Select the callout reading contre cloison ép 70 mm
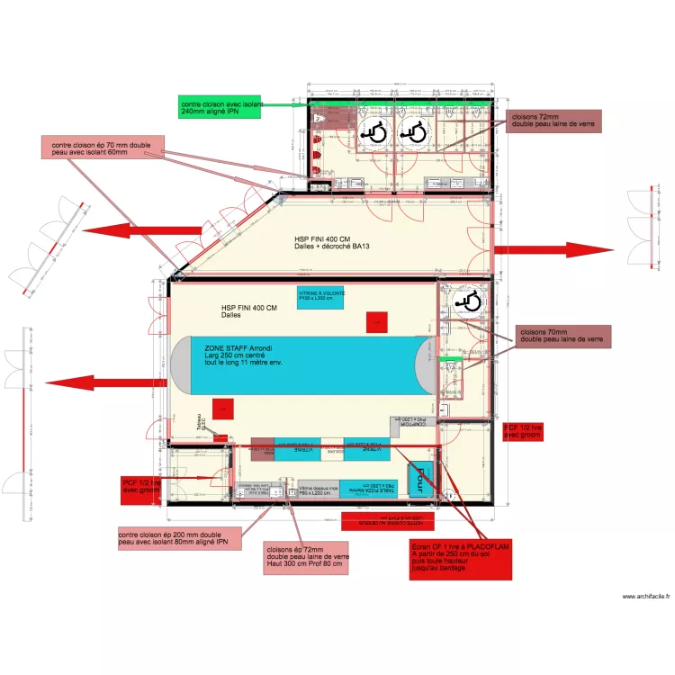tap(107, 148)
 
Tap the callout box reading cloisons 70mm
tap(563, 337)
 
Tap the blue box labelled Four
tap(419, 479)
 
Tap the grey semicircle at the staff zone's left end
tap(180, 364)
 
